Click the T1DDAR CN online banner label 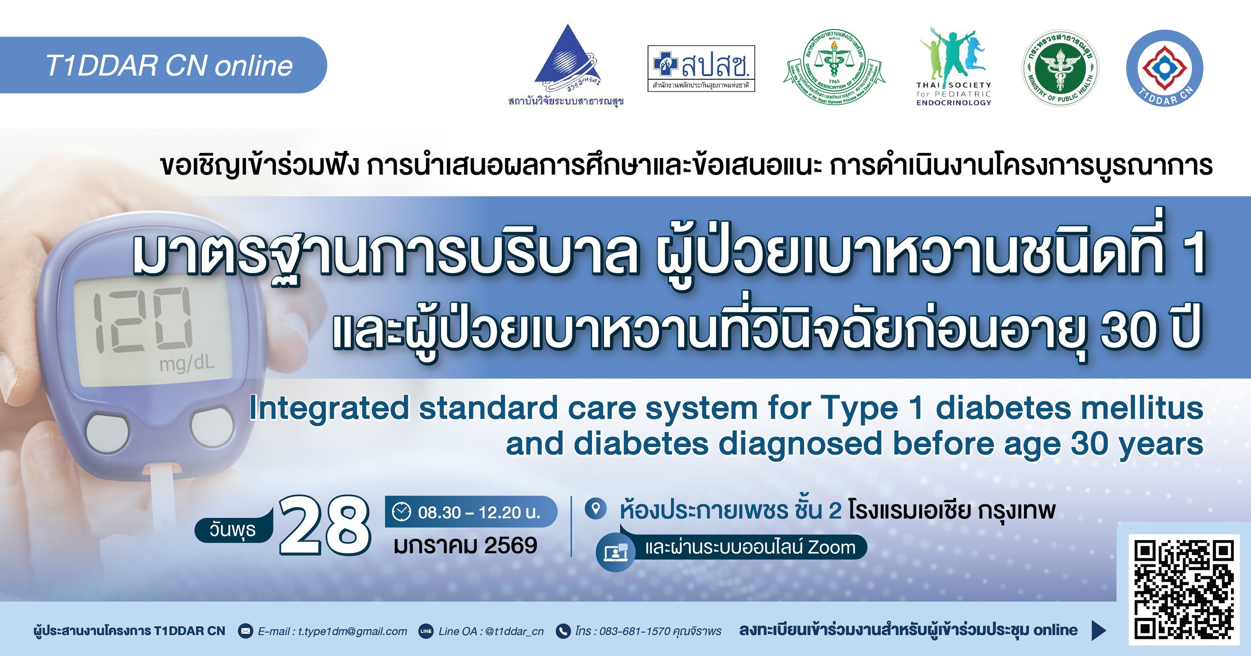[169, 65]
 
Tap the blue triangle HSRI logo [566, 61]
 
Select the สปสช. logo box [701, 69]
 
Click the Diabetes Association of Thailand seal [834, 69]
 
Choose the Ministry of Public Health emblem [1060, 69]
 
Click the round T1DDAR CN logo [1165, 69]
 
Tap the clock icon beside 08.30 [401, 512]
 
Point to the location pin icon [596, 509]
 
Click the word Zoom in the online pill [831, 547]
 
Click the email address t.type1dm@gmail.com [352, 631]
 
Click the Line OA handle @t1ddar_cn [514, 631]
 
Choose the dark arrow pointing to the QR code [1098, 630]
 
